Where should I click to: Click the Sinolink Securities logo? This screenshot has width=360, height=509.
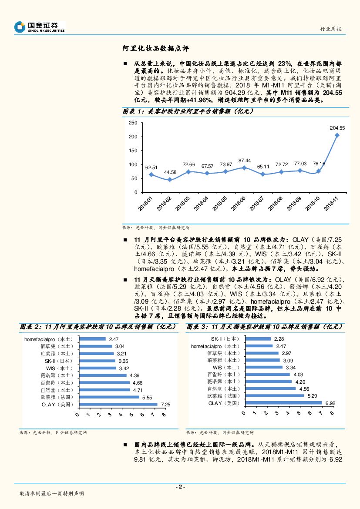pyautogui.click(x=39, y=27)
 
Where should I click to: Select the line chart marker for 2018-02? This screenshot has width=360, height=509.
pyautogui.click(x=169, y=180)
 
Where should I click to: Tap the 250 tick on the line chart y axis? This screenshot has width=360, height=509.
pyautogui.click(x=133, y=123)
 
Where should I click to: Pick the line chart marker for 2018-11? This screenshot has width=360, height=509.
pyautogui.click(x=337, y=135)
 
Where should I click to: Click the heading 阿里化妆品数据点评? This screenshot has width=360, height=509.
pyautogui.click(x=155, y=49)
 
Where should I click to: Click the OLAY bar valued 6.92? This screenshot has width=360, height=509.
pyautogui.click(x=283, y=403)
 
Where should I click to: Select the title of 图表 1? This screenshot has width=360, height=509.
pyautogui.click(x=188, y=112)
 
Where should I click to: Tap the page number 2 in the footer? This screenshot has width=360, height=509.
pyautogui.click(x=180, y=487)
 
